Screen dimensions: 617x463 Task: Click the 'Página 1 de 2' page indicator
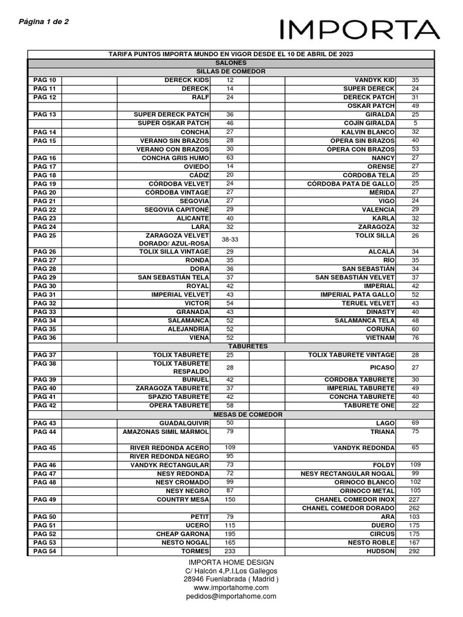[x=44, y=22]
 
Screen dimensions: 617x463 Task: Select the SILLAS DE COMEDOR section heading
[x=230, y=71]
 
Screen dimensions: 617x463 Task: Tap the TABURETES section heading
[x=230, y=346]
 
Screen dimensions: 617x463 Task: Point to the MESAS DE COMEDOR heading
[x=230, y=415]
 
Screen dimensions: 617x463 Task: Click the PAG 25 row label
[x=45, y=235]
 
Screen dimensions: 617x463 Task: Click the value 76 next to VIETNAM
[x=415, y=338]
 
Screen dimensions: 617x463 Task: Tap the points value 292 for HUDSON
[x=415, y=551]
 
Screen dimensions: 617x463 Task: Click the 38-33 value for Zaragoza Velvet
[x=230, y=239]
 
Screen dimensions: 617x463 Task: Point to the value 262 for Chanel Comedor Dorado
[x=415, y=508]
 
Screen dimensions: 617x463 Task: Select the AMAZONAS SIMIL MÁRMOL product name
[x=166, y=432]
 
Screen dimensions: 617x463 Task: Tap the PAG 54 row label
[x=45, y=551]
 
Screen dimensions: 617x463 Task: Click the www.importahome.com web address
[x=231, y=587]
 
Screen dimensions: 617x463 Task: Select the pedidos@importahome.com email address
[x=231, y=596]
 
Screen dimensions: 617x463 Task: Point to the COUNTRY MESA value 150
[x=230, y=500]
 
